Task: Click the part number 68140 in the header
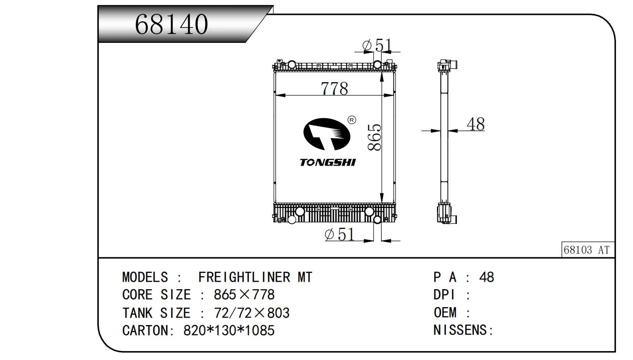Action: (x=171, y=24)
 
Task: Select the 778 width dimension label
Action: (x=334, y=88)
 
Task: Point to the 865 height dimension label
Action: (x=375, y=137)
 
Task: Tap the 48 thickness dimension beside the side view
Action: (x=476, y=124)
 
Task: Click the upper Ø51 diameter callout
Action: (x=377, y=45)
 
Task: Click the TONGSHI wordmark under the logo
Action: (x=328, y=162)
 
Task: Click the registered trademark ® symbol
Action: (x=352, y=120)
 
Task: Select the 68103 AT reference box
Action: (x=588, y=249)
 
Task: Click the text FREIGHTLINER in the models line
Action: (x=244, y=277)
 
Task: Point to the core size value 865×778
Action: (x=244, y=295)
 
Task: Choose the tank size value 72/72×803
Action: (x=252, y=313)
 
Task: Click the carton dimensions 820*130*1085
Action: (x=229, y=330)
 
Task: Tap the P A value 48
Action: (x=487, y=277)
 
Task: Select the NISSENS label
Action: (x=463, y=330)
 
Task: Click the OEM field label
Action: (x=445, y=313)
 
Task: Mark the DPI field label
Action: (x=444, y=295)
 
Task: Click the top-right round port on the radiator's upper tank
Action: (x=377, y=65)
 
